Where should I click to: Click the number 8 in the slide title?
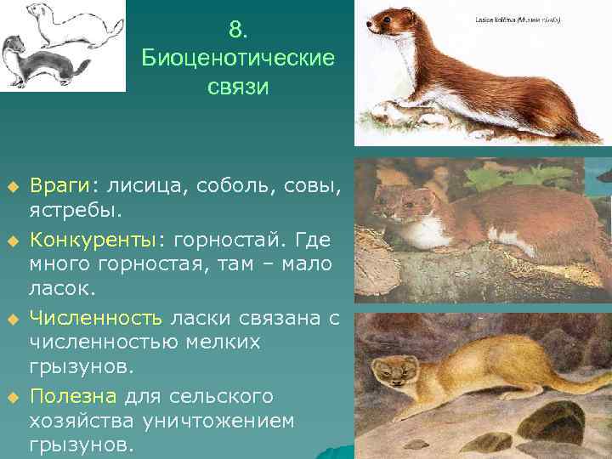point(238,30)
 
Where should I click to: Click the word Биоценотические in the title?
point(238,59)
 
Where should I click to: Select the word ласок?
point(57,289)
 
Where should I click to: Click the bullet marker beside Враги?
point(12,185)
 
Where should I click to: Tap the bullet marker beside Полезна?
point(12,396)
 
